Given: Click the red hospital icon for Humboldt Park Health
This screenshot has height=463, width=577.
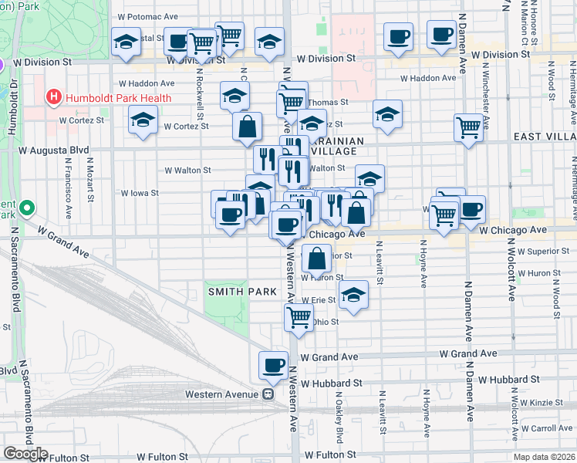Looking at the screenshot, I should (53, 97).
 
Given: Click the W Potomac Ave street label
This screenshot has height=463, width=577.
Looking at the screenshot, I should (149, 16).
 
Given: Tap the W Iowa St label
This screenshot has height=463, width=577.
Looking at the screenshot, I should (139, 194).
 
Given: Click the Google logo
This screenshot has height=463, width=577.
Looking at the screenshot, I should (25, 454).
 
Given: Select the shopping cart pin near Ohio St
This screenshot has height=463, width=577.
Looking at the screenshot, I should (299, 316).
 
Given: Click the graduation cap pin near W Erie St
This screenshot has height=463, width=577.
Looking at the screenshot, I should (354, 295).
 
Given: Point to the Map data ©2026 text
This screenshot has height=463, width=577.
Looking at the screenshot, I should (544, 456).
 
